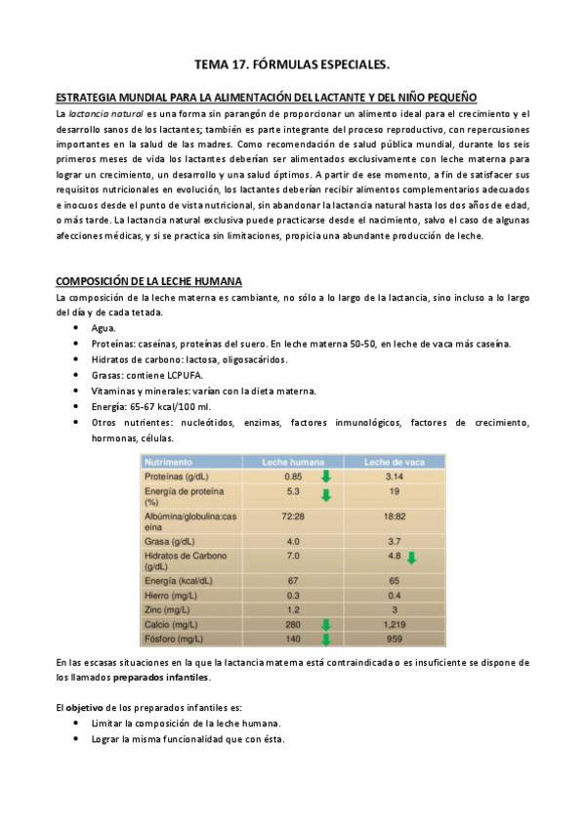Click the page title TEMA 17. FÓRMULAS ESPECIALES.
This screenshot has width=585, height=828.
point(292,64)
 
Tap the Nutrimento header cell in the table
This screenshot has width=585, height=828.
point(169,461)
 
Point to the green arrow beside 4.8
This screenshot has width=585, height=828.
point(411,559)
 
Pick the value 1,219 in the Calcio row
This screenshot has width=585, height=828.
point(390,624)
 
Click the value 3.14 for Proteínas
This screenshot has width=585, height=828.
point(390,476)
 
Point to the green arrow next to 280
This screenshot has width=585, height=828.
point(326,625)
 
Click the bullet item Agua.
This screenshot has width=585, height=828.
point(103,328)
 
